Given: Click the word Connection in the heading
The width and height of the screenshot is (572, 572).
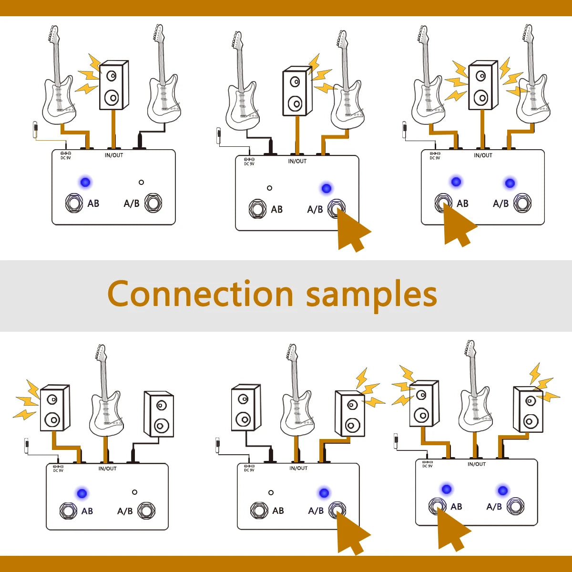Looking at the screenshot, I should (200, 294).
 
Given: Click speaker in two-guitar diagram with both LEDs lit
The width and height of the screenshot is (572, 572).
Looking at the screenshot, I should (483, 86).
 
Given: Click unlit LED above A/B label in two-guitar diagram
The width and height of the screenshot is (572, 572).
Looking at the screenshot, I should (141, 182).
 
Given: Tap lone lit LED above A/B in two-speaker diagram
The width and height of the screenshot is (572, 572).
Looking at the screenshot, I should (324, 493).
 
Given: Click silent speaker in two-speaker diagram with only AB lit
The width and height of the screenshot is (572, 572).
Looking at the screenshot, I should (159, 414).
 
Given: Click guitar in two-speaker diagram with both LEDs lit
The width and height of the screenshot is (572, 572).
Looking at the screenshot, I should (475, 391).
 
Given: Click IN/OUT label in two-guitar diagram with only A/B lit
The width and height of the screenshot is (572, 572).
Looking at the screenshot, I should (297, 161).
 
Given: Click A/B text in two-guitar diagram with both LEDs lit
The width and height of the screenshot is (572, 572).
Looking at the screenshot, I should (500, 204).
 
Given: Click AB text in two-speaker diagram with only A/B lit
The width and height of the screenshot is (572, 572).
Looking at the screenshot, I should (278, 511).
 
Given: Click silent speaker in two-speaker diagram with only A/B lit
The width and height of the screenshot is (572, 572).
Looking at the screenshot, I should (246, 408).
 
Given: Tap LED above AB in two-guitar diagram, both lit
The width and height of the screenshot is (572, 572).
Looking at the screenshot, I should (456, 182).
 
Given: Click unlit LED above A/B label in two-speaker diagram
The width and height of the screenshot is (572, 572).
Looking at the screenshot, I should (134, 492).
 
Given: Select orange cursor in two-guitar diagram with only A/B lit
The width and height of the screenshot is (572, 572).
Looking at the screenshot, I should (352, 231).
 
